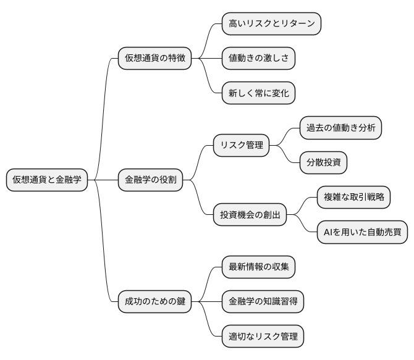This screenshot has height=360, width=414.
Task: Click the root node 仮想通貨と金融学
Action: [x=47, y=180]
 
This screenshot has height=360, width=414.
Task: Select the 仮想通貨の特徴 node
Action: [x=154, y=59]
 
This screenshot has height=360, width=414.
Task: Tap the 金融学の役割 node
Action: [x=150, y=180]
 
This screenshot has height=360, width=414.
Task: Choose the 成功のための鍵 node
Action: [x=154, y=302]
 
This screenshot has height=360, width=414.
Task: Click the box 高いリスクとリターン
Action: [x=272, y=24]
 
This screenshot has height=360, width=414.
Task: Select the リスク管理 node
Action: [x=242, y=146]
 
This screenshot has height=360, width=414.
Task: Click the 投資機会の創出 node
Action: [x=250, y=215]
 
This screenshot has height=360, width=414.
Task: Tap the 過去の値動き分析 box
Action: [x=340, y=128]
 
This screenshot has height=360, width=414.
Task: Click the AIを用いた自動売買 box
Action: [x=362, y=232]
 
